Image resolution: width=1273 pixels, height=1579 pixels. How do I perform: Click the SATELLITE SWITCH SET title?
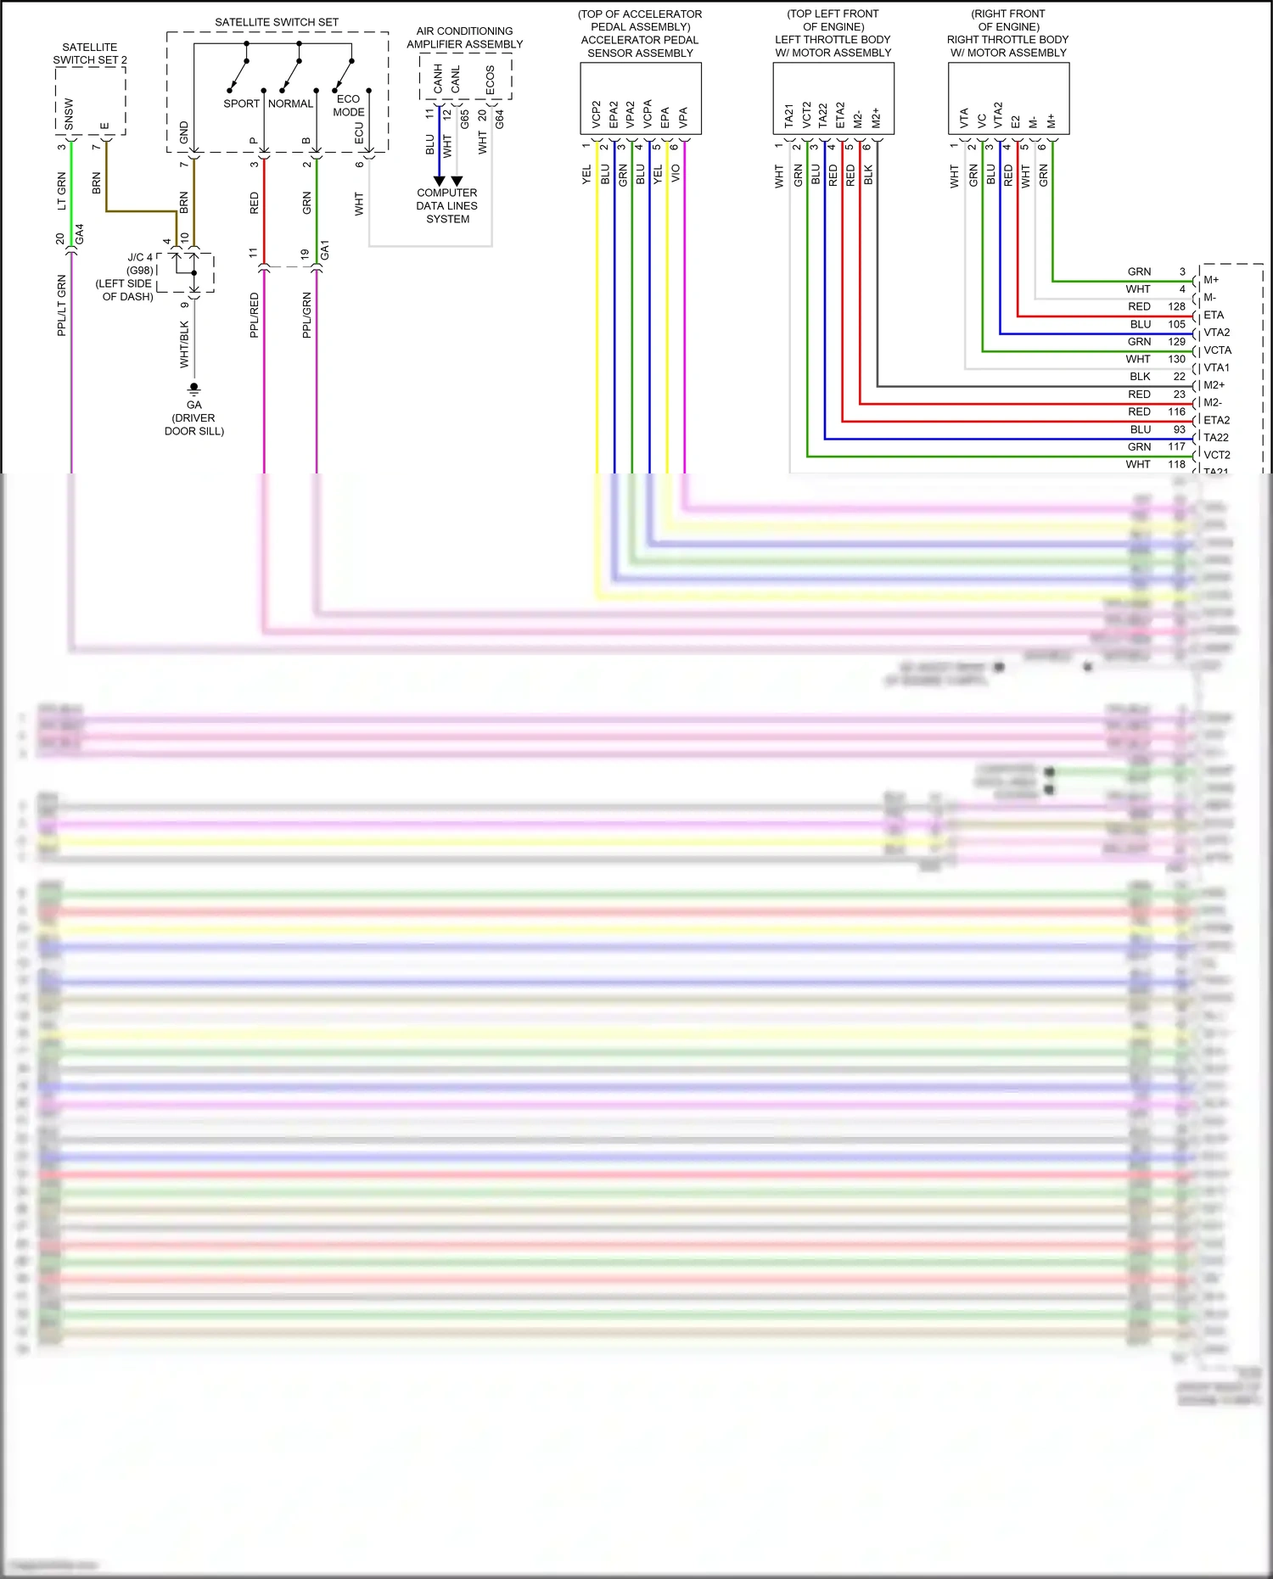click(277, 22)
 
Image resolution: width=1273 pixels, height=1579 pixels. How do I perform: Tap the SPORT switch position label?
click(241, 104)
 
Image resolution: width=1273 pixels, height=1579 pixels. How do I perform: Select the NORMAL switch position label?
click(290, 104)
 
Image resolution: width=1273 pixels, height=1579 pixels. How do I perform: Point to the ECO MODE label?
click(348, 105)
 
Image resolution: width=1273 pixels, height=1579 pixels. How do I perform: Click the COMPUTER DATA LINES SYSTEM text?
click(447, 206)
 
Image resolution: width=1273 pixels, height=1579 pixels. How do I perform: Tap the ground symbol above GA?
click(194, 389)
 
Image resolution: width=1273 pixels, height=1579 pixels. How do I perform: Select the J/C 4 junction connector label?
click(140, 257)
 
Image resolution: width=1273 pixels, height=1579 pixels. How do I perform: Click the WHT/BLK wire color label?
click(184, 344)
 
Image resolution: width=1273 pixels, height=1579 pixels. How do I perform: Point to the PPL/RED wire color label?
click(254, 316)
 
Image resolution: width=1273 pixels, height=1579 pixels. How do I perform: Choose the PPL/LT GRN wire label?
click(61, 305)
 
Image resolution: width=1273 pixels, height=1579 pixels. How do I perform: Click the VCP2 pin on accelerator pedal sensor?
click(596, 115)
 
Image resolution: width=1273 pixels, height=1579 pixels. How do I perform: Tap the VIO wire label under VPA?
click(676, 173)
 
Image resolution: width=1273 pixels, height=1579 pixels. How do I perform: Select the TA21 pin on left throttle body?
click(788, 116)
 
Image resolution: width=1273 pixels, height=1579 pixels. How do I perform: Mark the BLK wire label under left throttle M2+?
click(868, 175)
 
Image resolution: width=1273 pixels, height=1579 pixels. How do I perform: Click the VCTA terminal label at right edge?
click(1217, 350)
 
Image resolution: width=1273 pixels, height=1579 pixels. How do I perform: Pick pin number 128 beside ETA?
click(1176, 307)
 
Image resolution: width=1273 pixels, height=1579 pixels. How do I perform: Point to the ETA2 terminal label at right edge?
click(1216, 420)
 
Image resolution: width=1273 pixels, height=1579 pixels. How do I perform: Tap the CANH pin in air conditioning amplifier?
click(438, 79)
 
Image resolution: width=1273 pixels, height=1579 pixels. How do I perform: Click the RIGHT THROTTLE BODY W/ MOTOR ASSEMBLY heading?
click(1008, 46)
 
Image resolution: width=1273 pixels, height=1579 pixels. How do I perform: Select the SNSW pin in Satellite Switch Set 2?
click(69, 115)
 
